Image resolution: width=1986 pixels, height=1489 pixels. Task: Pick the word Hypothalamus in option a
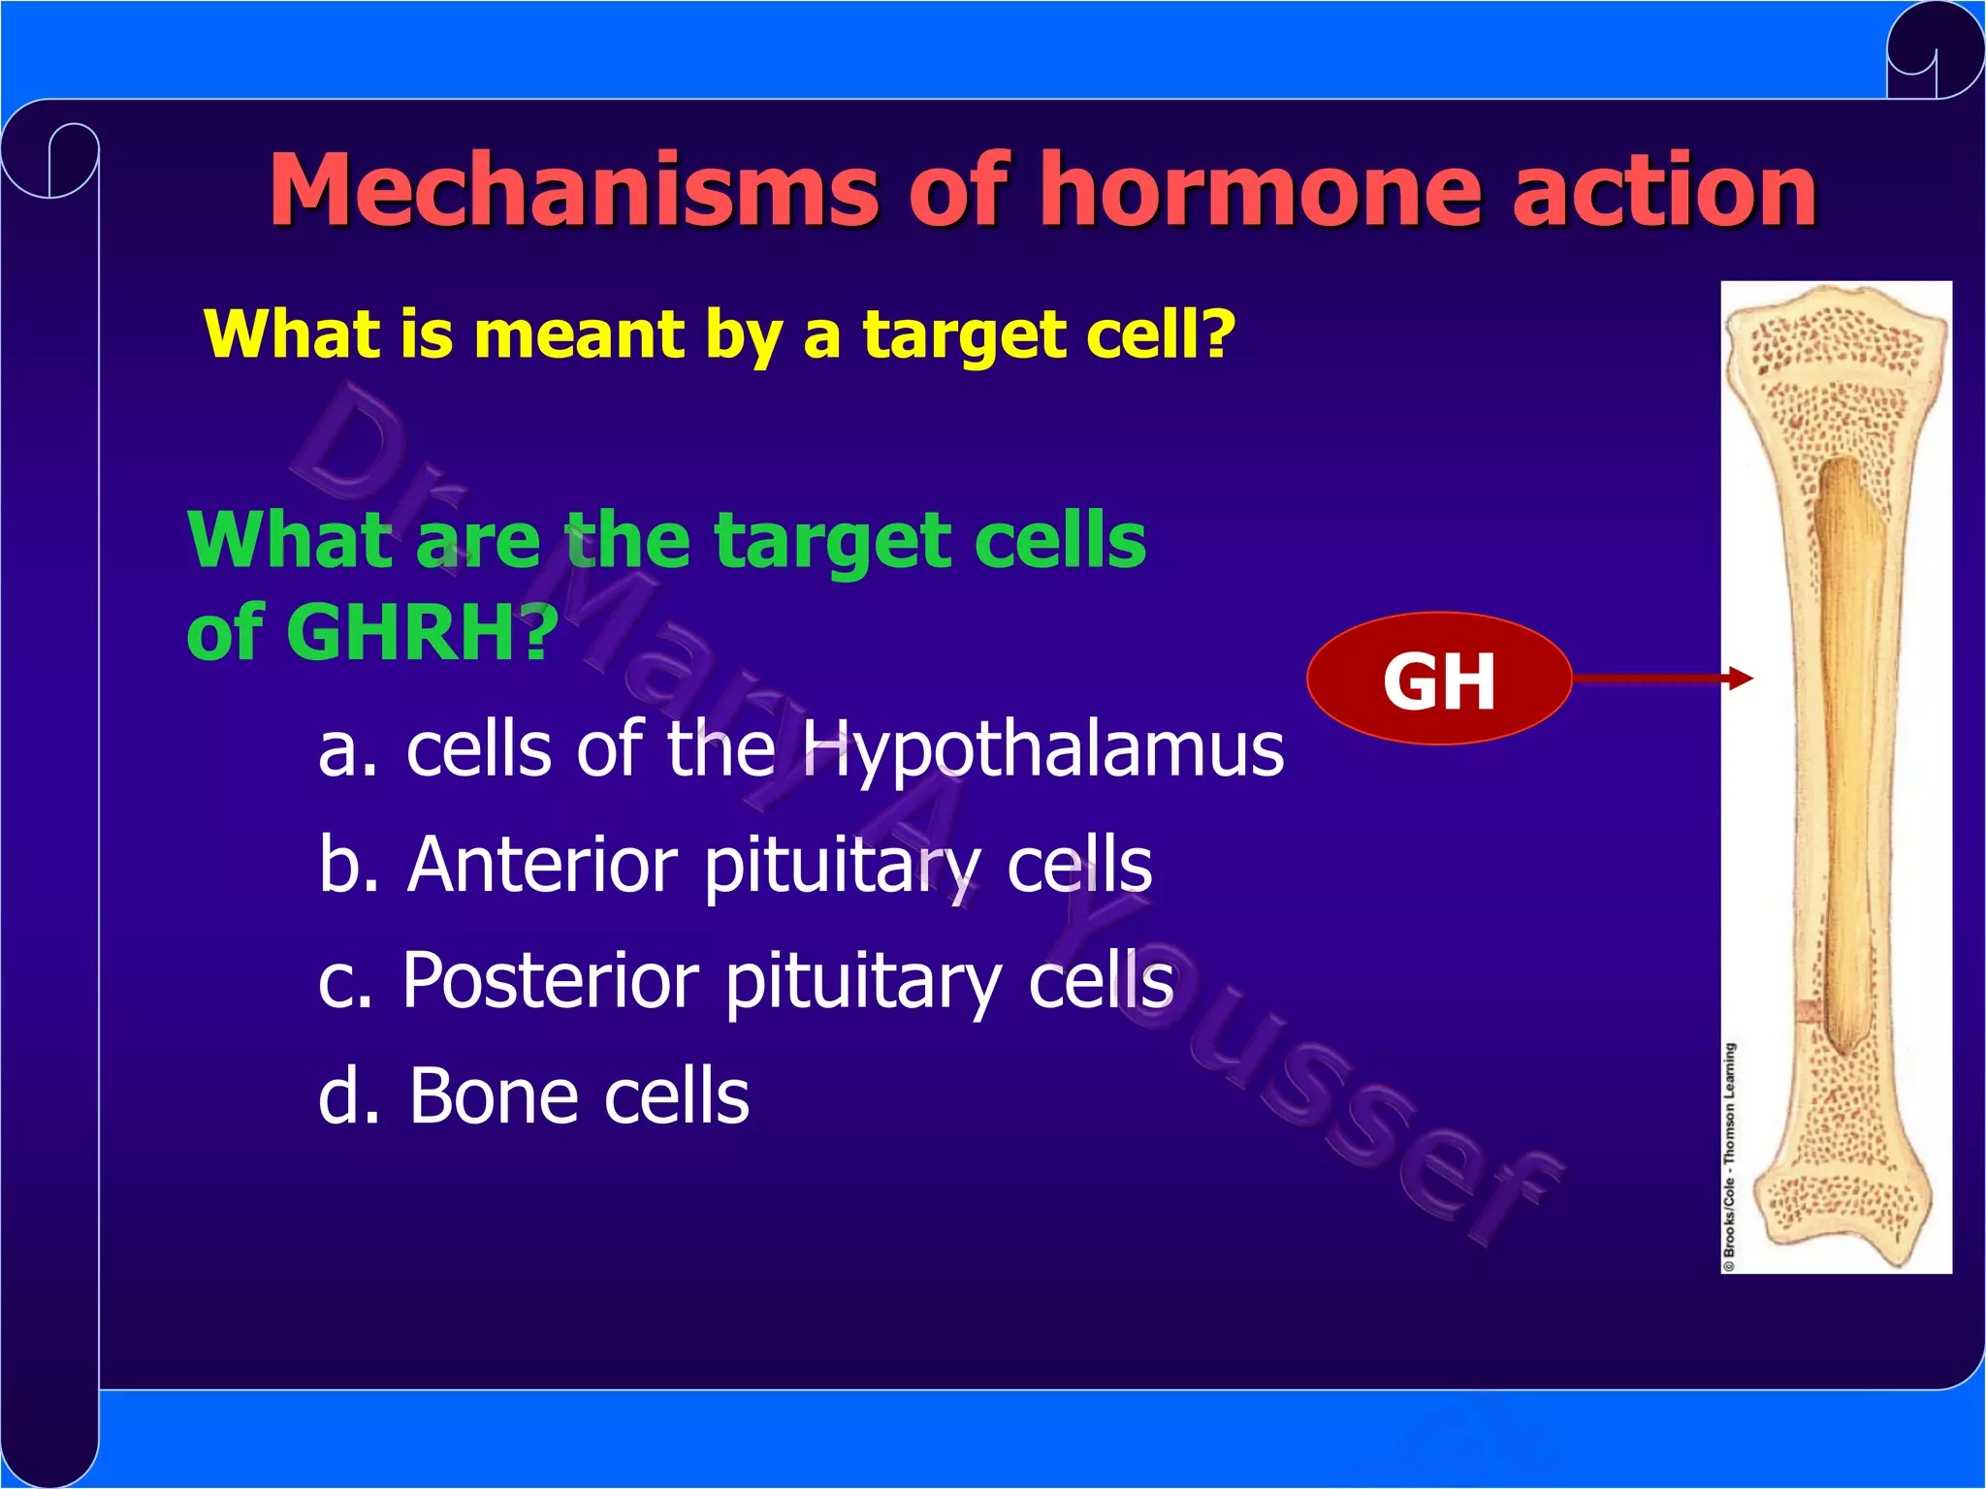pos(1042,751)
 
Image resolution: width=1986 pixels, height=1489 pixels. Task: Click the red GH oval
pos(1438,679)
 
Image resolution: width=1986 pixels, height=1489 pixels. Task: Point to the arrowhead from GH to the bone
pos(1743,679)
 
